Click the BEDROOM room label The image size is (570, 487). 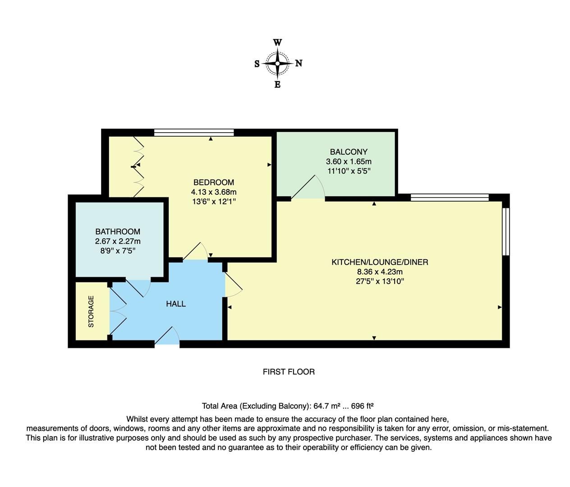coord(213,182)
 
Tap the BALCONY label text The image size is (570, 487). coord(349,152)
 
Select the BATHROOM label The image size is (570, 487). coord(118,231)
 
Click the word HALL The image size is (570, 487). coord(176,304)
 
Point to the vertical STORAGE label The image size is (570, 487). coord(91,311)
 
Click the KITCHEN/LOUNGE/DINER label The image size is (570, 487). coord(380,262)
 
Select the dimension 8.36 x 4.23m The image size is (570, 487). coord(380,272)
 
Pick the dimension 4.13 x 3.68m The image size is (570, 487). coord(213,192)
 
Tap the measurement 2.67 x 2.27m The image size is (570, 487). coord(118,241)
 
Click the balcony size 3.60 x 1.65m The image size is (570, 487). coord(349,161)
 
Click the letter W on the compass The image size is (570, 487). coord(277,43)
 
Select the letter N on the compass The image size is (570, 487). coord(299,64)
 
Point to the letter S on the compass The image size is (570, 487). coord(257,64)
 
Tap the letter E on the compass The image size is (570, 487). coord(277,84)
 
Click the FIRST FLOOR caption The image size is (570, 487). coord(289,372)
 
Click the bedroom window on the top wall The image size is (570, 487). coord(194,133)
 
